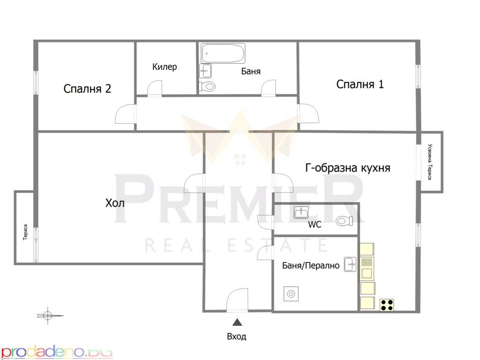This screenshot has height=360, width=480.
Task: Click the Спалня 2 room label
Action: [87, 89]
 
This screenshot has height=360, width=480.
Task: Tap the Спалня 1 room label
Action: [360, 84]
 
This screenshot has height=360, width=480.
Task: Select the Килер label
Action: [165, 67]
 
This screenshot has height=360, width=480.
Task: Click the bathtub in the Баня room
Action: [223, 53]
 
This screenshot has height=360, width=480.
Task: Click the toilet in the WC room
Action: [345, 221]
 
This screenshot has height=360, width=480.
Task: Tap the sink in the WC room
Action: [301, 212]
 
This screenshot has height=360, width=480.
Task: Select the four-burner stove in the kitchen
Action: [387, 305]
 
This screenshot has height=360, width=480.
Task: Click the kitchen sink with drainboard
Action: [367, 269]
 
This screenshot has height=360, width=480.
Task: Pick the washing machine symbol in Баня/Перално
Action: [291, 294]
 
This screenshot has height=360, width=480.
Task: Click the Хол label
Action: [115, 203]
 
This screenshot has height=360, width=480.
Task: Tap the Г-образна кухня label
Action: [348, 168]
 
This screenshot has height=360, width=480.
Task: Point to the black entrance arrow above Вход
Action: [237, 322]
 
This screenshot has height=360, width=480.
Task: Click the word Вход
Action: [237, 337]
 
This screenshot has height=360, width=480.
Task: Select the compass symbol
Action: [48, 315]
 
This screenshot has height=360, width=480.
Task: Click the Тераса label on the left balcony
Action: [25, 232]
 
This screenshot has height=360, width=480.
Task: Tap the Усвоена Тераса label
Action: [430, 162]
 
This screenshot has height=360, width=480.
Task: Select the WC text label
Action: [315, 225]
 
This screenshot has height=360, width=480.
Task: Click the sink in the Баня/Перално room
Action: [350, 264]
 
